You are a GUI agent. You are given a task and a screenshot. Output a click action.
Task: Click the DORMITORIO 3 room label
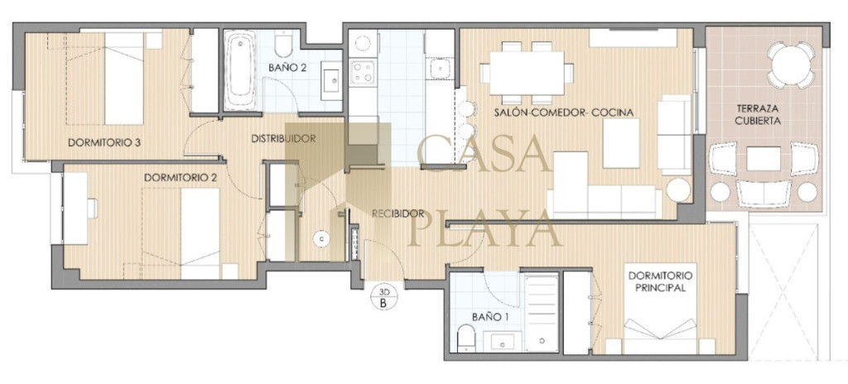tap(104, 143)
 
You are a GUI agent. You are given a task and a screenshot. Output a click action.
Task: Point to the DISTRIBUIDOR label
tap(283, 138)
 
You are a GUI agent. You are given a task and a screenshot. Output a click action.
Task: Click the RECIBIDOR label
tap(397, 214)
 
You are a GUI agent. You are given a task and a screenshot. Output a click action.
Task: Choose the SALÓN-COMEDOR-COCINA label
tap(563, 113)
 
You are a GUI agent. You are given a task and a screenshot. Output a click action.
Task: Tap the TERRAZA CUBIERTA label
tap(757, 115)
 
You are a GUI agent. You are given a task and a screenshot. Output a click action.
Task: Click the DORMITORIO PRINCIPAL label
tap(660, 281)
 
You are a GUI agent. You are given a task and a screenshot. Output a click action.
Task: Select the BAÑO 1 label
tap(490, 318)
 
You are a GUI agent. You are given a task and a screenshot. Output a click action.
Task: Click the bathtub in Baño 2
tap(239, 70)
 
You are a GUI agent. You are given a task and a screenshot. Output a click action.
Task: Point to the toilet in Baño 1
tap(465, 338)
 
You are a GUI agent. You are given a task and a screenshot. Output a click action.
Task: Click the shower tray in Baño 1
tap(542, 313)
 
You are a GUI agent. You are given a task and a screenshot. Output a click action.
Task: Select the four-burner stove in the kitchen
tap(363, 72)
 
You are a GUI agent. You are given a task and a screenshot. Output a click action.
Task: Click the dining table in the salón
tap(527, 73)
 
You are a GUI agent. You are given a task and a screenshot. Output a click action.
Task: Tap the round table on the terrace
tap(791, 65)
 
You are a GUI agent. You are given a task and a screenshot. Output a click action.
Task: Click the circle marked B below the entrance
tap(383, 297)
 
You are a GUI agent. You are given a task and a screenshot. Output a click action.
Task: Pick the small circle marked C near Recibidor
tap(322, 238)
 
